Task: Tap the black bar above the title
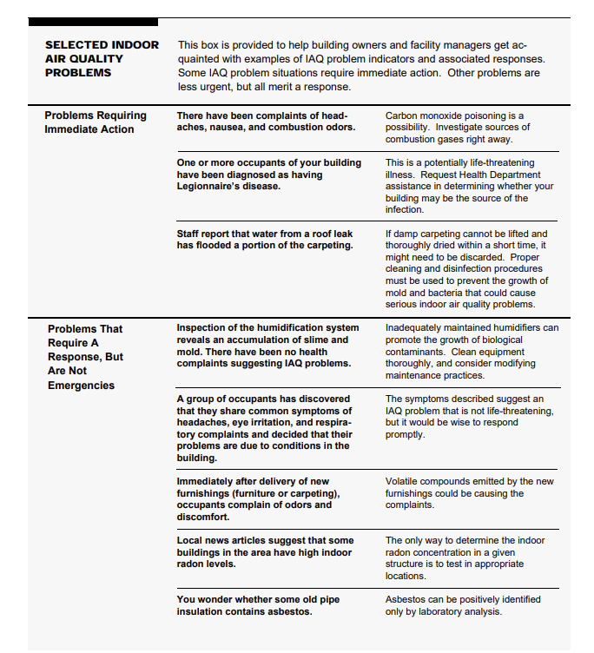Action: coord(93,22)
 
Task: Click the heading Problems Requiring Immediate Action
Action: coord(96,122)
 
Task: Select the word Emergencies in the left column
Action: coord(81,386)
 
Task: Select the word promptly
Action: coord(405,434)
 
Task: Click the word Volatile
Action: coord(403,481)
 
